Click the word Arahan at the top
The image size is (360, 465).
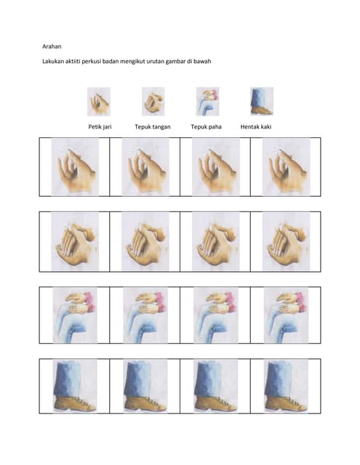tap(52, 46)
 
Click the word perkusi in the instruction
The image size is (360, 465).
tap(92, 61)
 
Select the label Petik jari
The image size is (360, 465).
tap(100, 127)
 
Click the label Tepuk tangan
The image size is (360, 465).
tap(153, 127)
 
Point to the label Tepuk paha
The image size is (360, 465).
tap(206, 127)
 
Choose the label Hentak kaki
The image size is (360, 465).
tap(256, 127)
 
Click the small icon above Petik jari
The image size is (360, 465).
tap(99, 102)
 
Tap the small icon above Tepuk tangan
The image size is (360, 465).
tap(153, 102)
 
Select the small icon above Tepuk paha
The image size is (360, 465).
tap(207, 102)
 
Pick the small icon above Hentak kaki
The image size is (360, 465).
tap(262, 101)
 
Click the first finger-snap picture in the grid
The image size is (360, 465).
tap(75, 167)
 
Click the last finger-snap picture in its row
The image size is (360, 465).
tap(287, 167)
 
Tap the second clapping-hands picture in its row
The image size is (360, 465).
tap(145, 242)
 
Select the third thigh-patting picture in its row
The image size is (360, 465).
tap(216, 315)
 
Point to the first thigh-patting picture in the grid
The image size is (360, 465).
tap(75, 315)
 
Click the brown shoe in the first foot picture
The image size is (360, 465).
tap(75, 403)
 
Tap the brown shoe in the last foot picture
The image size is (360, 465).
tap(286, 403)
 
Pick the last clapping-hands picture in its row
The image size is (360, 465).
tap(287, 242)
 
